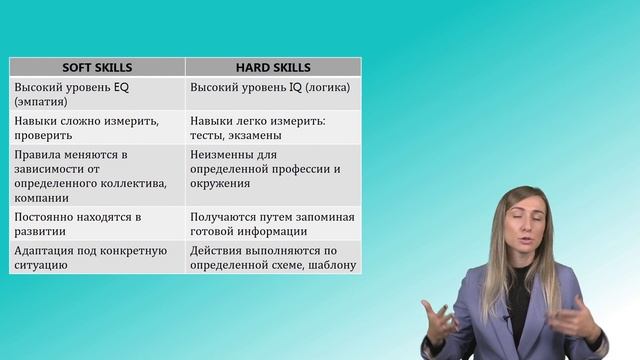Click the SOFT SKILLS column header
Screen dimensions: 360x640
[x=97, y=68]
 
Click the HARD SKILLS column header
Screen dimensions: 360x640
[x=273, y=68]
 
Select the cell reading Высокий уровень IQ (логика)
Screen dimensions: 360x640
[x=270, y=87]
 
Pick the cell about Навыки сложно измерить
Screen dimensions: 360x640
[x=97, y=127]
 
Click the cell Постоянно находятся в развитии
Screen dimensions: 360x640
[x=97, y=225]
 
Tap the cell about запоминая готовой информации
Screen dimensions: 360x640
[x=272, y=225]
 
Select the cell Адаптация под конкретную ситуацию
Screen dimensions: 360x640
[x=97, y=257]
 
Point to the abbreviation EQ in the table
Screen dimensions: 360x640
[x=123, y=87]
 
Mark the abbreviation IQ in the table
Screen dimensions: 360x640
[x=298, y=87]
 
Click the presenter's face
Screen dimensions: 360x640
[x=530, y=220]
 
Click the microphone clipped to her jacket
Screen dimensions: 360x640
[x=507, y=322]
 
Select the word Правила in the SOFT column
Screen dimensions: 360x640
[x=37, y=154]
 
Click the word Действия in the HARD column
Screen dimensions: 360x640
[x=217, y=250]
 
